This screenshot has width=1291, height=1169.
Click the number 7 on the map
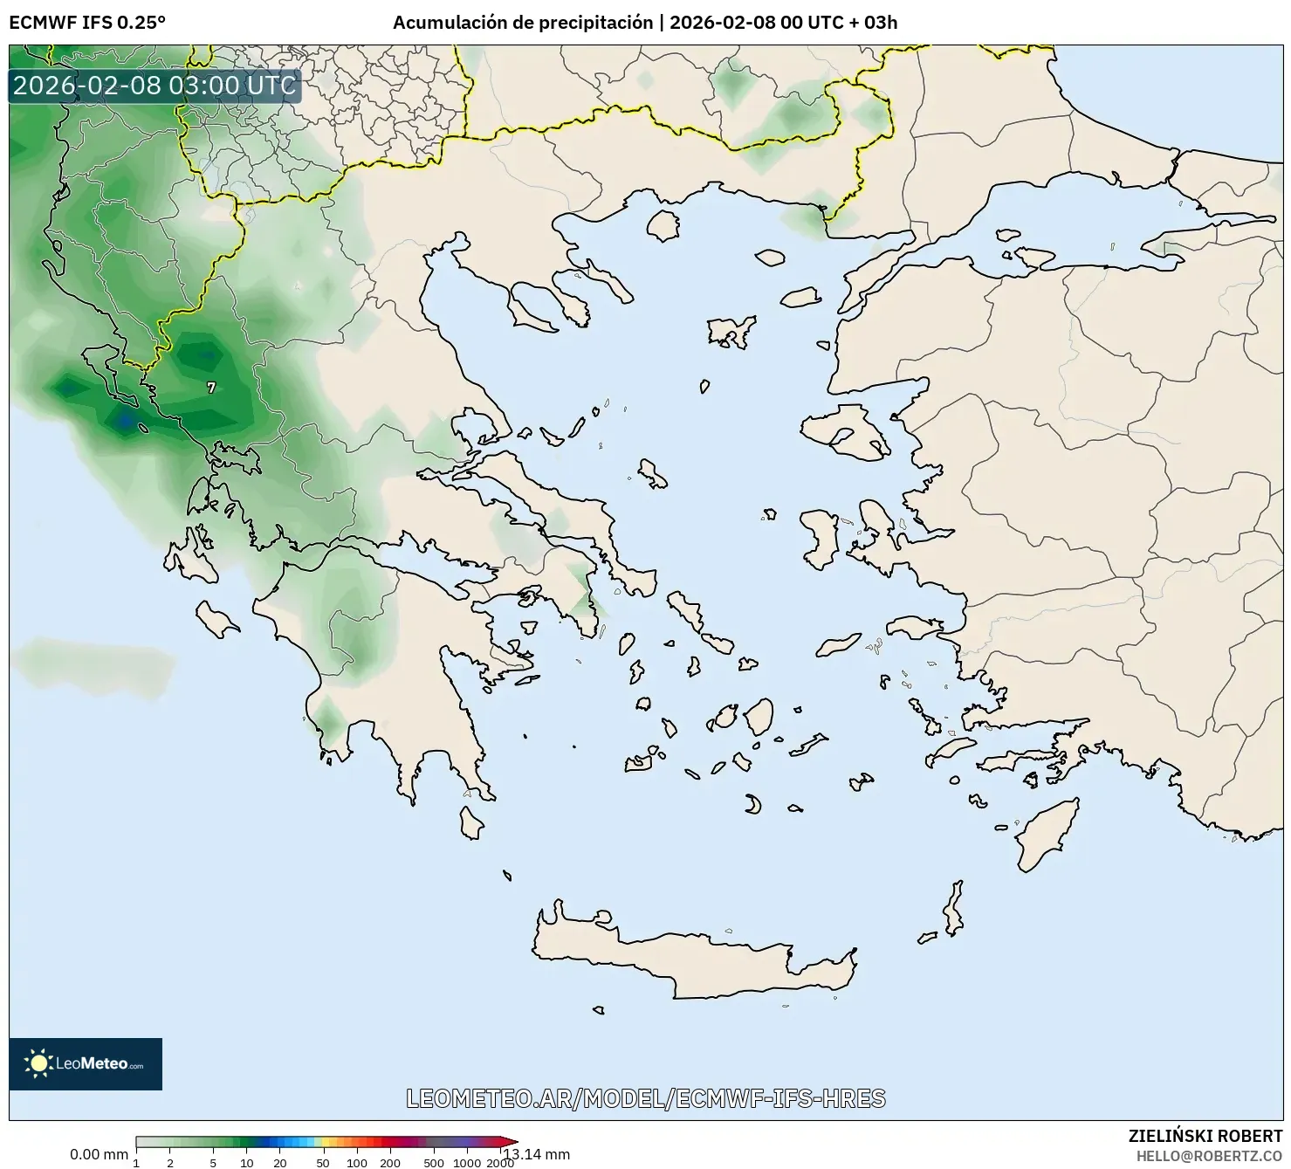point(211,388)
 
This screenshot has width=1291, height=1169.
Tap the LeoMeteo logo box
point(86,1063)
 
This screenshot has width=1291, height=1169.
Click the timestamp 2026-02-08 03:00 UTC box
point(155,86)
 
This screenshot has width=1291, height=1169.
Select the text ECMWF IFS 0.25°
point(87,23)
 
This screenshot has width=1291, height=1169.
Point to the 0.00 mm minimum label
point(99,1154)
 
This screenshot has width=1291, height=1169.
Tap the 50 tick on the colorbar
point(322,1163)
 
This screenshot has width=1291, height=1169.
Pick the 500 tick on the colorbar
point(433,1163)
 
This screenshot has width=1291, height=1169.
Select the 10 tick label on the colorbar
point(247,1163)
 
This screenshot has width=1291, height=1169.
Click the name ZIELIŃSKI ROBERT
point(1205,1136)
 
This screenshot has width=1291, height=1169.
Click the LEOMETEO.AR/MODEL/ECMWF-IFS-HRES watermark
point(646,1098)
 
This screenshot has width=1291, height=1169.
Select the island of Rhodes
point(1045,834)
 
